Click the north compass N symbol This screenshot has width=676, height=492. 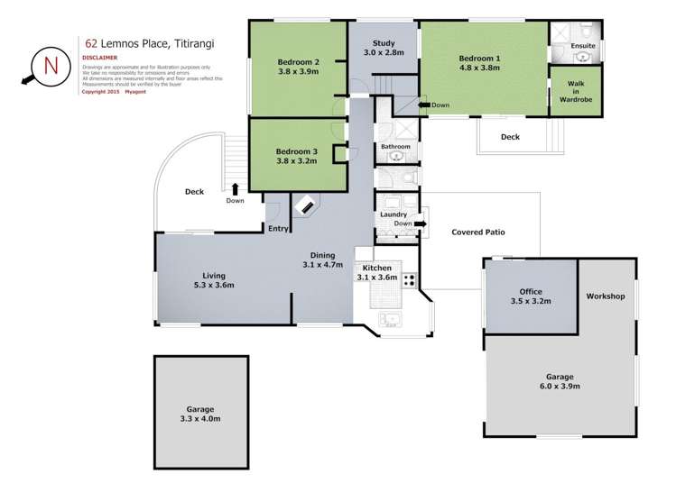50,66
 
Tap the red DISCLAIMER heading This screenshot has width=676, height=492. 99,57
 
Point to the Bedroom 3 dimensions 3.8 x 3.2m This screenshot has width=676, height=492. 297,163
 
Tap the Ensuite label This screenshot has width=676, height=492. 582,44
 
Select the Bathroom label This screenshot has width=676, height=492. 395,146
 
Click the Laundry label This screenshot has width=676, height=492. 393,214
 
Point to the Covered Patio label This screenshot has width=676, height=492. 478,232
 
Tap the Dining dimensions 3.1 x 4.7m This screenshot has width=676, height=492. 323,265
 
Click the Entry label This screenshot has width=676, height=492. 278,229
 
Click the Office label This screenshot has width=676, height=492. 530,292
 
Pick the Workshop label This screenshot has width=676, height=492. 605,296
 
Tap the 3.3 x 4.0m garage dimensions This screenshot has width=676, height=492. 201,419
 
